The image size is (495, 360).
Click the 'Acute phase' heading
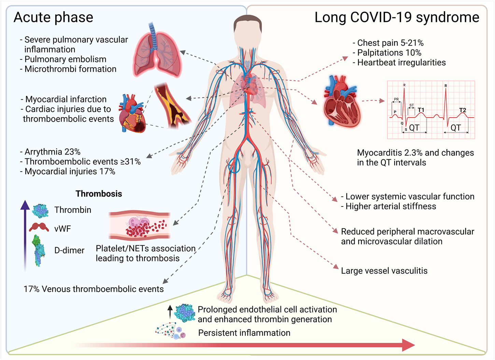coord(53,17)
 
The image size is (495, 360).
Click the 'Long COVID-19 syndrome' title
coord(397,17)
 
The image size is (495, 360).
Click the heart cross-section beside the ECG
coord(341,102)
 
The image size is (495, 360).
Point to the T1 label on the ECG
coord(421,110)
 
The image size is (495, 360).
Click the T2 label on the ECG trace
coord(463,110)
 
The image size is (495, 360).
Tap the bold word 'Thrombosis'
coord(99,194)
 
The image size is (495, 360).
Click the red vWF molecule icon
coord(39,227)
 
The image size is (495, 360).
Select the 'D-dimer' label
coord(69,250)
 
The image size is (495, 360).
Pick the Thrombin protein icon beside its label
coord(40,211)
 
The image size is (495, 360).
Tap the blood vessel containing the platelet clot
coord(139,225)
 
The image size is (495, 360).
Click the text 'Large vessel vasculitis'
coord(384,271)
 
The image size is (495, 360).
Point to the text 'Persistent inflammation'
coord(244,333)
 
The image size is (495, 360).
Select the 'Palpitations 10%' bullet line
coord(389,53)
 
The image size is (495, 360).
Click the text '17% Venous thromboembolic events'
coord(94,289)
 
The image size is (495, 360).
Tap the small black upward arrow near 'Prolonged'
coord(170,312)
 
